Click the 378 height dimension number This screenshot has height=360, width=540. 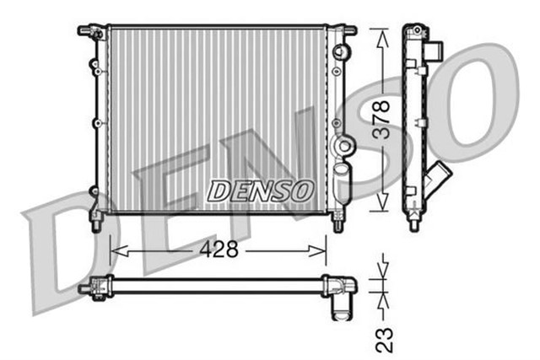(x=381, y=119)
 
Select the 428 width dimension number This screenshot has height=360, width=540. (x=218, y=250)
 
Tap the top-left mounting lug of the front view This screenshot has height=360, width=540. (x=87, y=31)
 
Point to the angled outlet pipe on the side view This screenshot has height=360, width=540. (x=439, y=180)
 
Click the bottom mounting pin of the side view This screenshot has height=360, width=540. (x=414, y=223)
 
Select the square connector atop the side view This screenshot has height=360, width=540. (x=435, y=48)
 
